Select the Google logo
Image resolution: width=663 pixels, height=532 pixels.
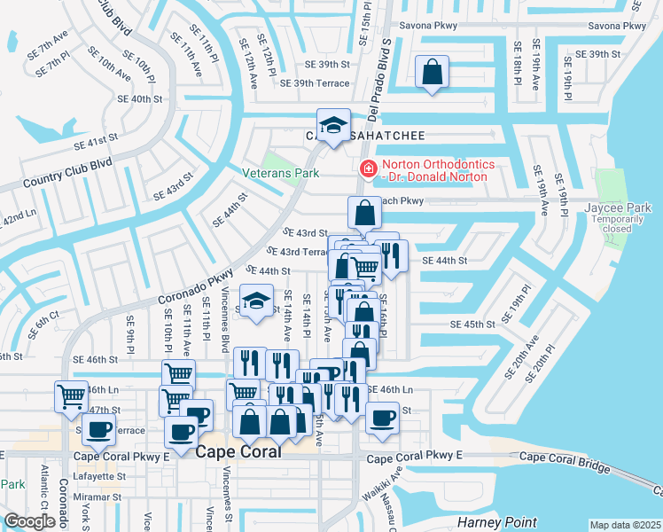pos(29,520)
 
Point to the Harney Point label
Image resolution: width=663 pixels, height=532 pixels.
pos(492,521)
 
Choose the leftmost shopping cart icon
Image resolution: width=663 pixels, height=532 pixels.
pos(71,395)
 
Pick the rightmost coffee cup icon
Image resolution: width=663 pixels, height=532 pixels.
pos(382,418)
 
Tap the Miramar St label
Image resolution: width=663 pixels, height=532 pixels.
pos(97,497)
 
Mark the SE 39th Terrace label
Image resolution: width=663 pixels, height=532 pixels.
pos(315,83)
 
